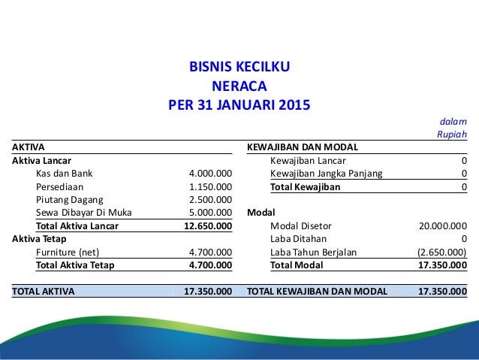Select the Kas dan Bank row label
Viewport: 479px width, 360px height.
pos(65,174)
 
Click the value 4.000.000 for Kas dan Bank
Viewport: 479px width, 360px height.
pos(210,174)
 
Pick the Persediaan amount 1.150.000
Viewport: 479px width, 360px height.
pos(210,186)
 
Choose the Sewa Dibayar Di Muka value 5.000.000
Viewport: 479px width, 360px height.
pos(210,212)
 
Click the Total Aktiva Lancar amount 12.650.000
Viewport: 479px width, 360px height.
pos(208,225)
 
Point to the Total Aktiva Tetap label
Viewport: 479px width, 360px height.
pos(74,265)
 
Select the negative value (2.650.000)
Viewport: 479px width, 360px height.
pos(441,252)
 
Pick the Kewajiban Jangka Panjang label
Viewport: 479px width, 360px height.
pos(325,174)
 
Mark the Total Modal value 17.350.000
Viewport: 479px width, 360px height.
pos(441,265)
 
